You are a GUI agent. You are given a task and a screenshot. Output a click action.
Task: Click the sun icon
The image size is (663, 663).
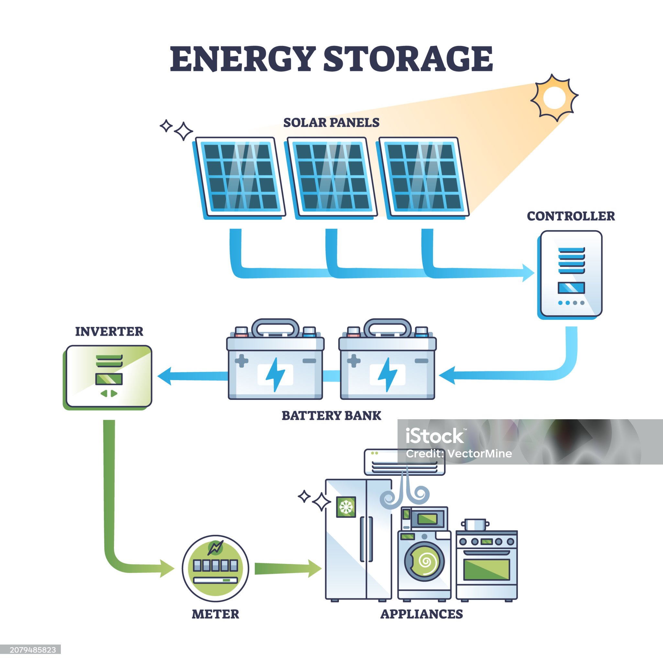[x=554, y=97]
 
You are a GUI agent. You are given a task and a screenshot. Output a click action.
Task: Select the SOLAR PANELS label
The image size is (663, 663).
[x=331, y=122]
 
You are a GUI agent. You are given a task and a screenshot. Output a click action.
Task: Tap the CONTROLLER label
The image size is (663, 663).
[x=571, y=216]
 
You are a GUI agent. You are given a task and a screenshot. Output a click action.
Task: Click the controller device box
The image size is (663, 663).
[x=571, y=274]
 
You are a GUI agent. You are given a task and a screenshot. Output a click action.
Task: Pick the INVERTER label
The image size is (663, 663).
[x=109, y=331]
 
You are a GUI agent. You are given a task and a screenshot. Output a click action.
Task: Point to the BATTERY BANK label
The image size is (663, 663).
[x=331, y=416]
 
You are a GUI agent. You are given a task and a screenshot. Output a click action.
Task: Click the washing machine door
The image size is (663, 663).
[x=424, y=562]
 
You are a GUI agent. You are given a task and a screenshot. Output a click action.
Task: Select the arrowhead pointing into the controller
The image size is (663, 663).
[x=528, y=273]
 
